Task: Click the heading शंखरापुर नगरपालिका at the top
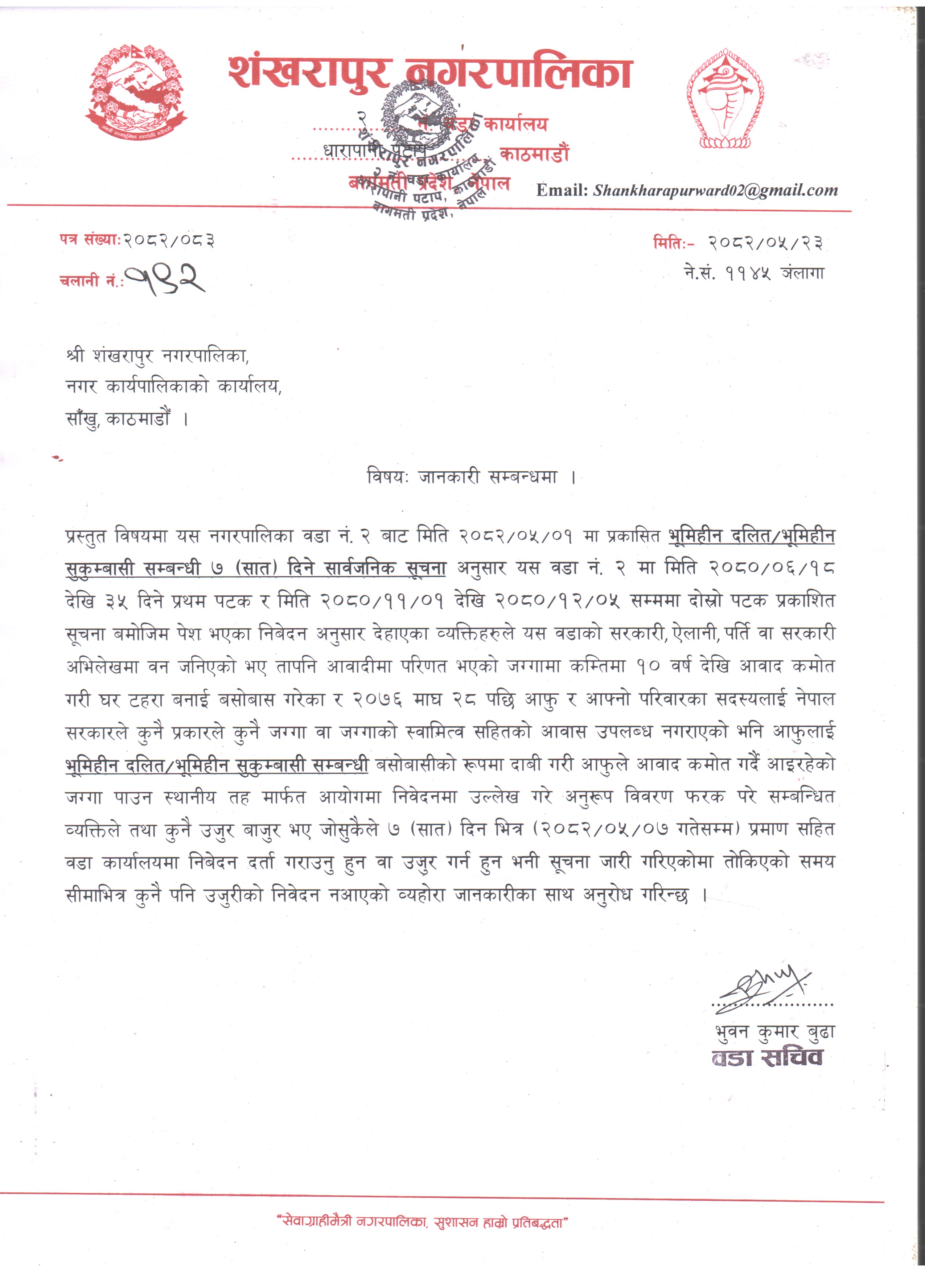[430, 73]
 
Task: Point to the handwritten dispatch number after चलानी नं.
[164, 279]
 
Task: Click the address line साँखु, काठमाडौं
[127, 419]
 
